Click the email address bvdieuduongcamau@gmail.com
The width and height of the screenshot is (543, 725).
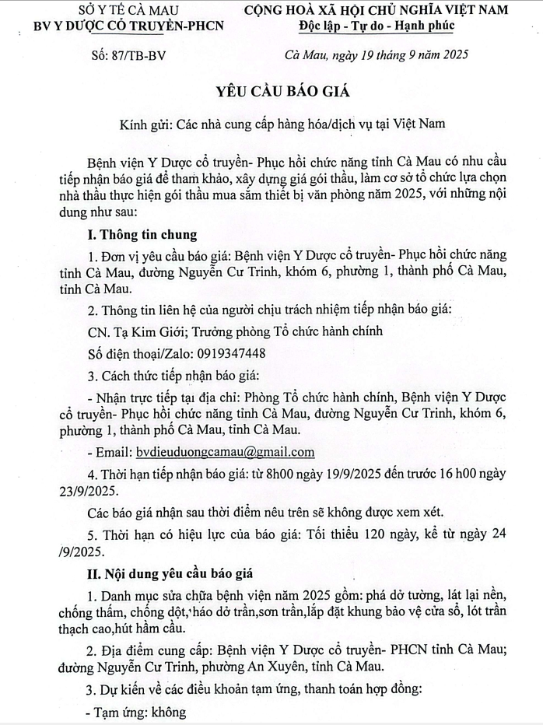click(x=225, y=452)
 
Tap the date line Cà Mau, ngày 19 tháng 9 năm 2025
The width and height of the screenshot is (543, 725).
click(x=376, y=56)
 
